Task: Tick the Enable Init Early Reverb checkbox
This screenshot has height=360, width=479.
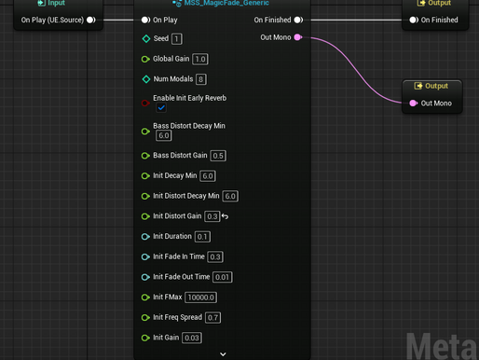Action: tap(161, 108)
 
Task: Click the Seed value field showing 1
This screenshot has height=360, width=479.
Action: tap(177, 39)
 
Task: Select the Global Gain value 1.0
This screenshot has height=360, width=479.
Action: tap(199, 59)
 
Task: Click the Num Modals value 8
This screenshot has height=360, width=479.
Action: tap(201, 79)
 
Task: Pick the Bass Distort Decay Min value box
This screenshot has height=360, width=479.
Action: tap(164, 136)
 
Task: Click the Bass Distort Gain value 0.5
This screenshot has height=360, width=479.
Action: tap(218, 156)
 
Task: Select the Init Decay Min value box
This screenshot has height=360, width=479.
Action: tap(207, 176)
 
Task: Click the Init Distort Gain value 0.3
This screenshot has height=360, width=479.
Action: tap(212, 216)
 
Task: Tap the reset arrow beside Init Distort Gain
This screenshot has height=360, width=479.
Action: tap(225, 216)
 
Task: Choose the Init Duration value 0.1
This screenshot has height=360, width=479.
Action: tap(202, 237)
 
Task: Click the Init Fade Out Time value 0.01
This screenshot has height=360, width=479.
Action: tap(223, 277)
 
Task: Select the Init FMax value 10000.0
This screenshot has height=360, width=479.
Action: tap(200, 298)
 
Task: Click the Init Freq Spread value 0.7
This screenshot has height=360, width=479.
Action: tap(213, 318)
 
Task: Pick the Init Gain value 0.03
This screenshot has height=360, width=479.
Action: tap(191, 338)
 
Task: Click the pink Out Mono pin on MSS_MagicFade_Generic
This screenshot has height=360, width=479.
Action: tap(310, 38)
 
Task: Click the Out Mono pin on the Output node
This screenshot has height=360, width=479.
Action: tap(413, 103)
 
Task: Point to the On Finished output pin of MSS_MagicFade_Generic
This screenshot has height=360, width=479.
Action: tap(298, 19)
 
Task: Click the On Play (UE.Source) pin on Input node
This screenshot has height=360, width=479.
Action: tap(91, 19)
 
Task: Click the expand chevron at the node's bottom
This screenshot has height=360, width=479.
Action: tap(223, 354)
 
